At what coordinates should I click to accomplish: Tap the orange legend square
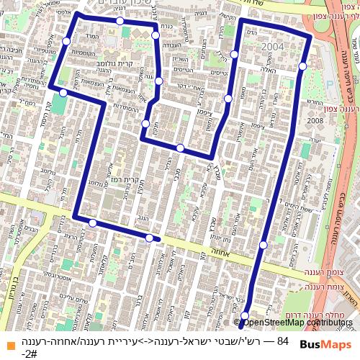(7, 342)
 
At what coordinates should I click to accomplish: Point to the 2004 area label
(273, 48)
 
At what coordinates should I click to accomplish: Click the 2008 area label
(315, 121)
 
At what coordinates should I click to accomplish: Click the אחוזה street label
(216, 253)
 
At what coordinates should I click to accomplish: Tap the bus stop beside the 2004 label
(303, 66)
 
